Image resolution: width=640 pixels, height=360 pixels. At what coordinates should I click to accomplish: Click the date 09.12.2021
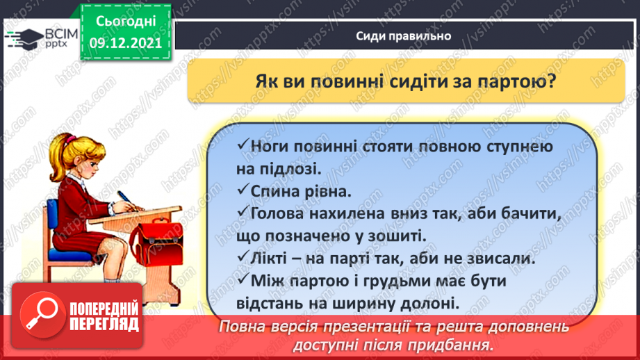pos(125,42)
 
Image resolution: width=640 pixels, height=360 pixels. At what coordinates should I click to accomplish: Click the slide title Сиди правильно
pos(404,36)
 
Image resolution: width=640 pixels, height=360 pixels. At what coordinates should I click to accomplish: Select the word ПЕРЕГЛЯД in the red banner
pos(104,325)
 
